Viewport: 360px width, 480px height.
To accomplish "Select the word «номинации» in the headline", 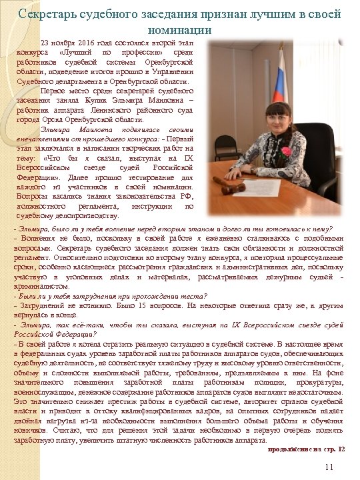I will tap(181, 30).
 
